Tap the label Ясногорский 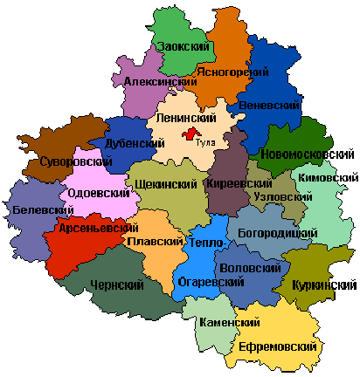[232, 72]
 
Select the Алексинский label [160, 81]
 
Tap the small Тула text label [206, 141]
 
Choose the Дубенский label [135, 143]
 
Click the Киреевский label [238, 184]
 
